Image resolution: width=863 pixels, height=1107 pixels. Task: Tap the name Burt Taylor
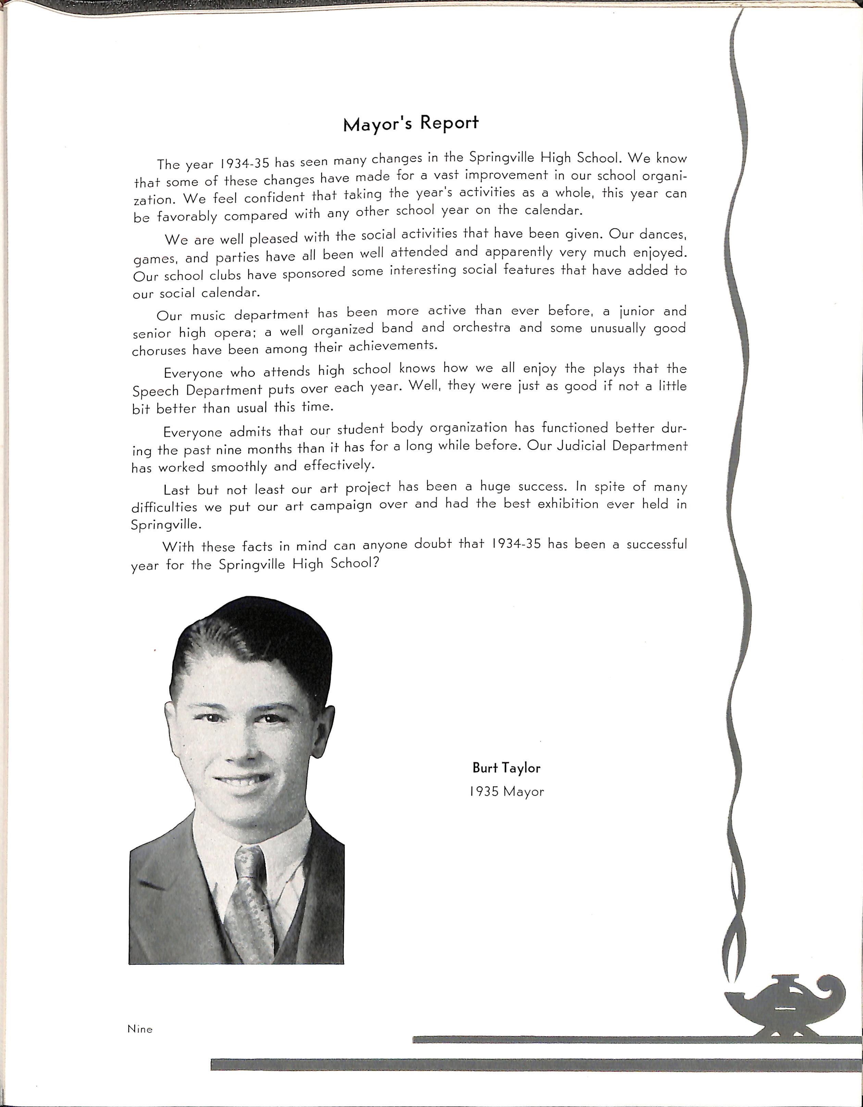pos(506,768)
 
